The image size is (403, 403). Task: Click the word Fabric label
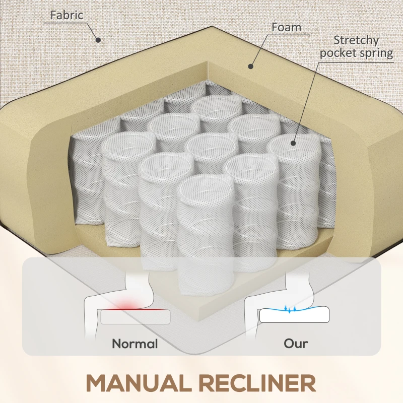pos(66,15)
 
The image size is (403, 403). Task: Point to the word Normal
pos(135,344)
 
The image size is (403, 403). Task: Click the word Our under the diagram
pos(296,344)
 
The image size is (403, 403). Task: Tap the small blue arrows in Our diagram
pos(291,309)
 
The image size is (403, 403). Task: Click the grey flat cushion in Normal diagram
pos(135,317)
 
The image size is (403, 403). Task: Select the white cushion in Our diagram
pos(295,316)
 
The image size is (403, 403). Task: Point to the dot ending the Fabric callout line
pos(99,40)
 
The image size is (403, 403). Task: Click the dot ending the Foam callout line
pos(250,65)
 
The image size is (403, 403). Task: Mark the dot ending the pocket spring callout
pos(292,144)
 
